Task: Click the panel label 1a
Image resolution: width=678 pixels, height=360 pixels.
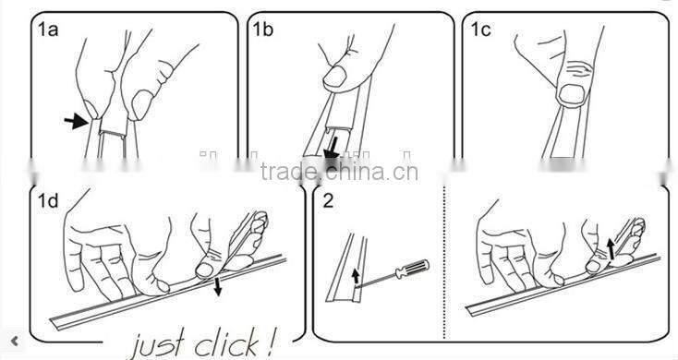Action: pyautogui.click(x=47, y=30)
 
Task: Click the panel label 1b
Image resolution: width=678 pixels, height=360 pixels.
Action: pyautogui.click(x=263, y=30)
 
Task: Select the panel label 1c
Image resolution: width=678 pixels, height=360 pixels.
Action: pyautogui.click(x=481, y=30)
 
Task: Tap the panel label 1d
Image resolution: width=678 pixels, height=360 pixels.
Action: pyautogui.click(x=47, y=201)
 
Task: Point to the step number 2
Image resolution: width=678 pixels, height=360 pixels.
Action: pyautogui.click(x=328, y=201)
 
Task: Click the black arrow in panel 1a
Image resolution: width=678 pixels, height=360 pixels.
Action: pyautogui.click(x=76, y=121)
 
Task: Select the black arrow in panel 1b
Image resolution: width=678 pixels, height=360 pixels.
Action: pyautogui.click(x=333, y=150)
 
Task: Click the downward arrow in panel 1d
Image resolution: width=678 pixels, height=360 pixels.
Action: pyautogui.click(x=217, y=287)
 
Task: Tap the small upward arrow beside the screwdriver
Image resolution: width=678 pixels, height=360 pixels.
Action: pyautogui.click(x=356, y=276)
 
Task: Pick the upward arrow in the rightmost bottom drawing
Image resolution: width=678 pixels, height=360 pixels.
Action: pyautogui.click(x=611, y=249)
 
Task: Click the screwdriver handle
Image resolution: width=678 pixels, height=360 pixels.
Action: pyautogui.click(x=412, y=269)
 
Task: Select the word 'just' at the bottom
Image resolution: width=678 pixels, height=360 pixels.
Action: pyautogui.click(x=159, y=343)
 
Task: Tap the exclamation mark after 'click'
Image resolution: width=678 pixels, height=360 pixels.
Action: pyautogui.click(x=270, y=342)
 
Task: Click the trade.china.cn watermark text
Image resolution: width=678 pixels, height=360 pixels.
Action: pyautogui.click(x=339, y=172)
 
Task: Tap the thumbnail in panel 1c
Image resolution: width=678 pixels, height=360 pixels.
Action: pyautogui.click(x=572, y=95)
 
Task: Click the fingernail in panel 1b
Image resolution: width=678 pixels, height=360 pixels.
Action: pyautogui.click(x=334, y=77)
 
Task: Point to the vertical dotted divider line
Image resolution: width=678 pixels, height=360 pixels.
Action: pyautogui.click(x=444, y=264)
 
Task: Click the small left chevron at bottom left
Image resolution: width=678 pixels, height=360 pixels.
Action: pyautogui.click(x=15, y=341)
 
